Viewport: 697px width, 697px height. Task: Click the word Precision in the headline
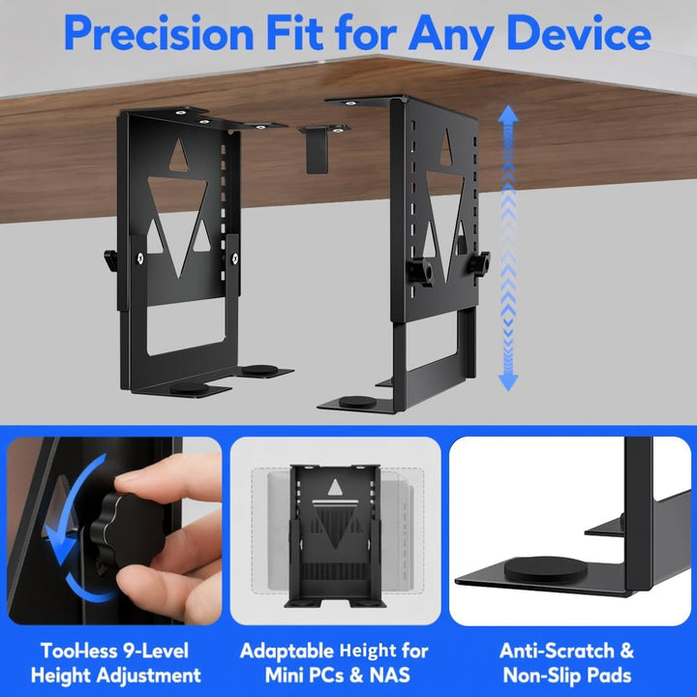pyautogui.click(x=159, y=34)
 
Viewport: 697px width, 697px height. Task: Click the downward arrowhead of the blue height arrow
pyautogui.click(x=508, y=381)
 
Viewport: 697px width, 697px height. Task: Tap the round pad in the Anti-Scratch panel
pyautogui.click(x=545, y=569)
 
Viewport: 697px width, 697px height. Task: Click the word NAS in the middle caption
pyautogui.click(x=389, y=675)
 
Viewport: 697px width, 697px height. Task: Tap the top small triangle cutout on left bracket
pyautogui.click(x=179, y=155)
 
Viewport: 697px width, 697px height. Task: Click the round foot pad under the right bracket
pyautogui.click(x=357, y=402)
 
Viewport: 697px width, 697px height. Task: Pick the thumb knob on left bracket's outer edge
pyautogui.click(x=110, y=261)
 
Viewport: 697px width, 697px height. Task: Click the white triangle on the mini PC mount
pyautogui.click(x=335, y=488)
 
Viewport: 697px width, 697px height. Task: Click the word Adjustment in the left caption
pyautogui.click(x=149, y=676)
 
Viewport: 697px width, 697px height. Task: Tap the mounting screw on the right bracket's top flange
pyautogui.click(x=350, y=104)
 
